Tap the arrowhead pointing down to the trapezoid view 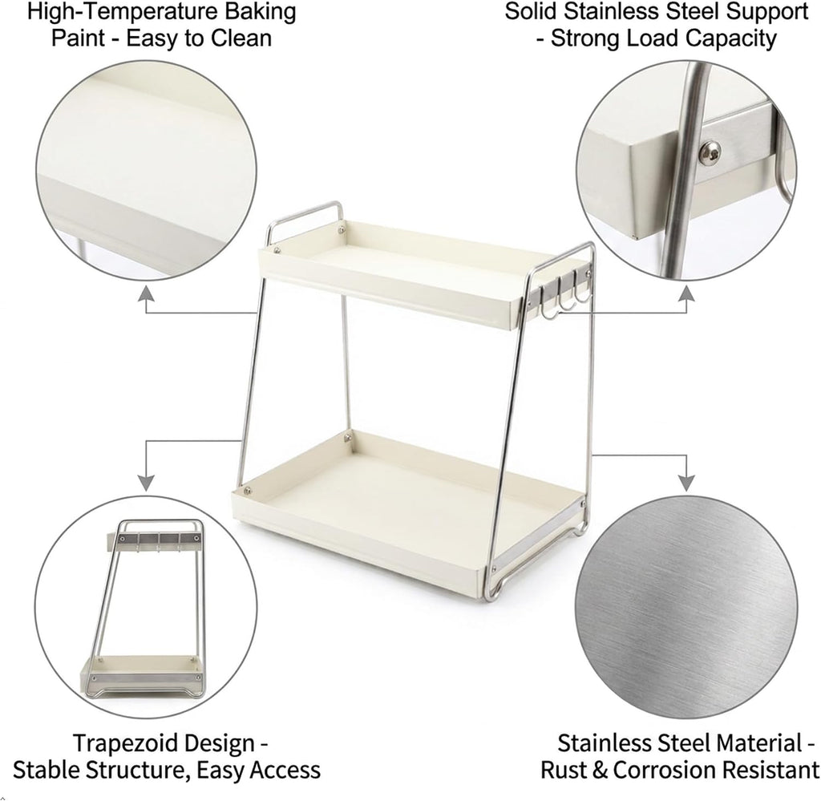(147, 483)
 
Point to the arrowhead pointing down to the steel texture (686, 483)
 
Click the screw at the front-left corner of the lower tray (247, 490)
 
